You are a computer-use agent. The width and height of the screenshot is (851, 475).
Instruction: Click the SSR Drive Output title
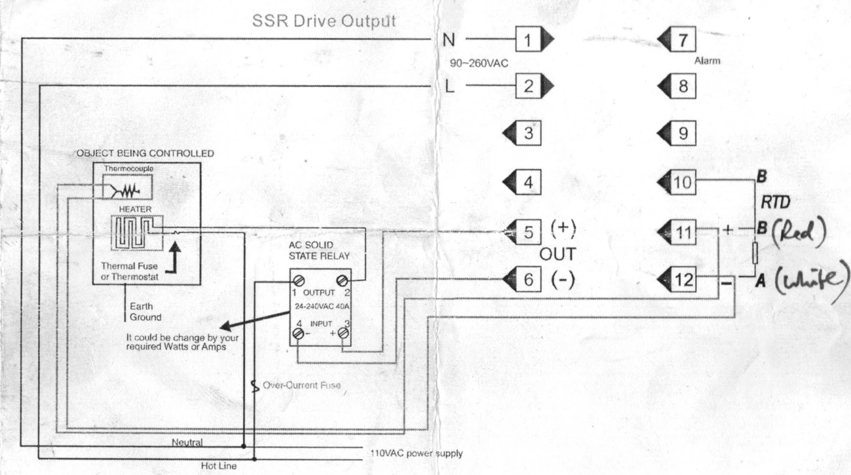pyautogui.click(x=324, y=21)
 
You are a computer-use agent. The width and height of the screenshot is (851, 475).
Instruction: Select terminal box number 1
pyautogui.click(x=528, y=40)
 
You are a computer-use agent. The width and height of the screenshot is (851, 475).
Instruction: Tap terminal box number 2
pyautogui.click(x=528, y=86)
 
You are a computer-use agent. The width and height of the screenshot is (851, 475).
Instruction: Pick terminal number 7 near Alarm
pyautogui.click(x=682, y=40)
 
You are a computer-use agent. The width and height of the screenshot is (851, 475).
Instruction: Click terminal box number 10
pyautogui.click(x=682, y=182)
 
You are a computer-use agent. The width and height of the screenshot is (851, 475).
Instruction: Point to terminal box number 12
pyautogui.click(x=683, y=279)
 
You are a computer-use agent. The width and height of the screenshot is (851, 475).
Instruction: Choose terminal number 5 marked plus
pyautogui.click(x=528, y=232)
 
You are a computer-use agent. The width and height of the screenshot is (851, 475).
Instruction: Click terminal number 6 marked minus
pyautogui.click(x=528, y=279)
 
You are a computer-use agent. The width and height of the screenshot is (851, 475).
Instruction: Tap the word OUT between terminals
pyautogui.click(x=557, y=254)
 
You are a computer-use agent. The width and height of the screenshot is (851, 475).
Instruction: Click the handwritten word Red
pyautogui.click(x=798, y=231)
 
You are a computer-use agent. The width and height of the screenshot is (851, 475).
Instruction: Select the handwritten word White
pyautogui.click(x=808, y=281)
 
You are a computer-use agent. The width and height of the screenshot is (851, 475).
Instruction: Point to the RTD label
pyautogui.click(x=775, y=202)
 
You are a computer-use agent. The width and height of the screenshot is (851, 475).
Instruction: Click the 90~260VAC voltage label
pyautogui.click(x=479, y=63)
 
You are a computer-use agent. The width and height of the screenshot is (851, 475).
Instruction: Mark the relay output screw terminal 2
pyautogui.click(x=343, y=280)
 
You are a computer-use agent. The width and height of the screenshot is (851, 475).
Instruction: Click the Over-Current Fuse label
pyautogui.click(x=302, y=385)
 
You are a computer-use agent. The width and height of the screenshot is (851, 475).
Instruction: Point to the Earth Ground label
pyautogui.click(x=145, y=312)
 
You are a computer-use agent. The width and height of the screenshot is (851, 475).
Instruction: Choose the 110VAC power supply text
pyautogui.click(x=416, y=454)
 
